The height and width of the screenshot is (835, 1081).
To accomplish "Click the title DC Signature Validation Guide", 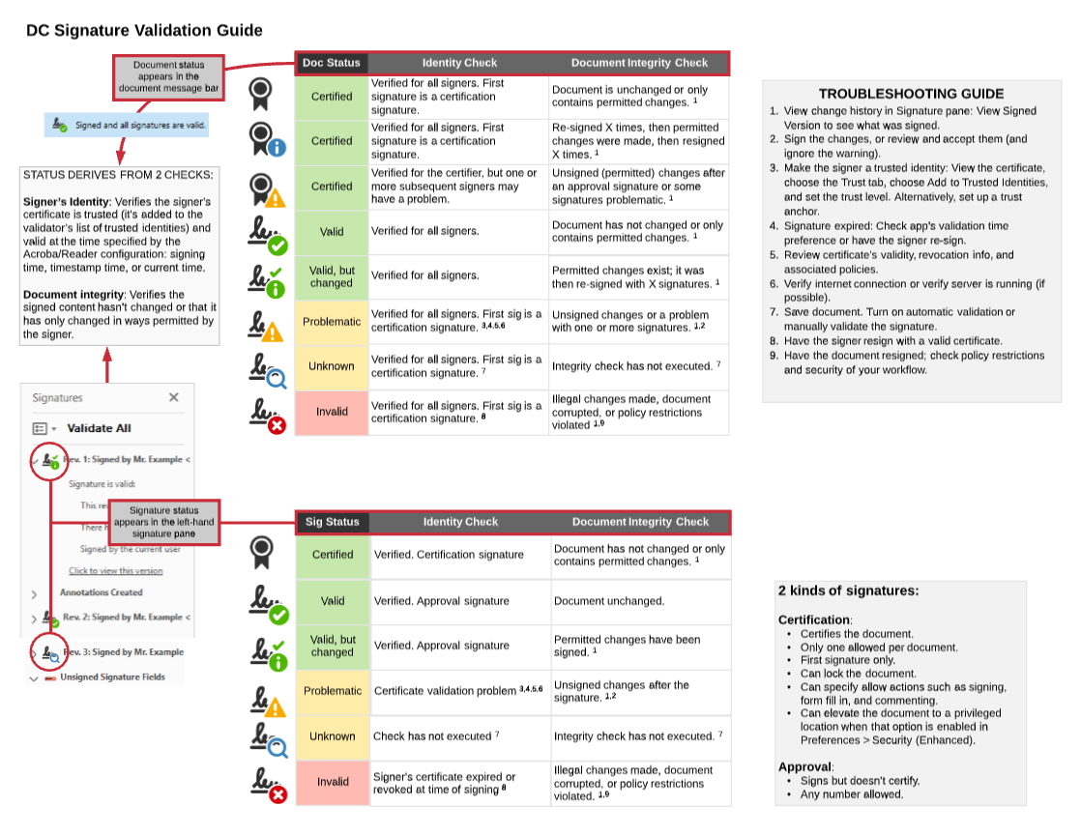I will pos(144,31).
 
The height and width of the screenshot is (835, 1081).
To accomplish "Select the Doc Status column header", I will pos(332,63).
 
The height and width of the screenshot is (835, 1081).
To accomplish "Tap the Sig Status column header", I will pos(333,522).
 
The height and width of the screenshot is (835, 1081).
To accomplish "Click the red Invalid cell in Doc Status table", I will pos(332,412).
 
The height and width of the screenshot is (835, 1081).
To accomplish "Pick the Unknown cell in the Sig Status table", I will pos(333,736).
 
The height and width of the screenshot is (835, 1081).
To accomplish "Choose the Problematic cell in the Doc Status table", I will pos(332,322).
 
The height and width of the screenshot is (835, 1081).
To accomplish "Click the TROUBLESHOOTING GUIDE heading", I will pos(911,94).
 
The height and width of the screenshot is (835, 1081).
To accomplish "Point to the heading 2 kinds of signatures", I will pos(848,590).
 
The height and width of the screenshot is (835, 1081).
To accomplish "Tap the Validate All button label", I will pos(99,428).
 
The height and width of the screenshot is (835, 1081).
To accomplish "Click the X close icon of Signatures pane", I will pos(174,397).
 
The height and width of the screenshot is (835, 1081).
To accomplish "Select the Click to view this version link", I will pos(116,571).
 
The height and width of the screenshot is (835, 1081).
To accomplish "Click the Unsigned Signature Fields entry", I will pos(112,677).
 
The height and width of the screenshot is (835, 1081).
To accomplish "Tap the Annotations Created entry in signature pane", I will pos(101,592).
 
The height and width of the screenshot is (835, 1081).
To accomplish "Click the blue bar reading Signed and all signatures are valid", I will pos(126,126).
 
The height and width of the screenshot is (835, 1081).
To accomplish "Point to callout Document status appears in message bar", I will pos(168,77).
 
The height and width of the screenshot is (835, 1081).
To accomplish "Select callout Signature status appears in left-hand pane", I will pos(163,521).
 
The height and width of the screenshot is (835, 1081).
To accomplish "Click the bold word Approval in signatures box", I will pos(803,766).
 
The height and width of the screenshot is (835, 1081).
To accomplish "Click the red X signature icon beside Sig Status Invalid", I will pos(268,784).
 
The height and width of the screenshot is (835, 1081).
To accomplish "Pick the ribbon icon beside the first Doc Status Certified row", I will pos(260,96).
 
